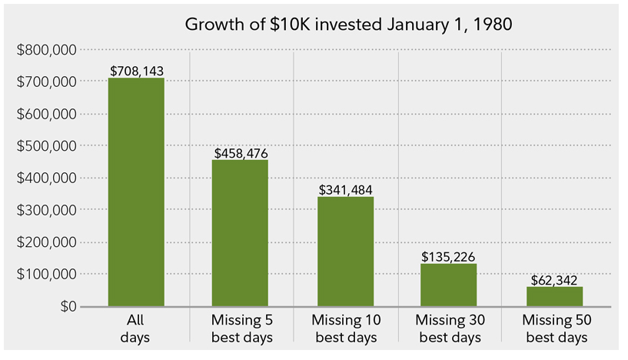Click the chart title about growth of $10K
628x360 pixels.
point(348,23)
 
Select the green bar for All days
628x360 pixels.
point(136,192)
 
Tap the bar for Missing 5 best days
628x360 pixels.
point(241,233)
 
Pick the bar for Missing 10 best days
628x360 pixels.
point(345,252)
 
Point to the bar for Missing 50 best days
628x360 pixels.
point(553,296)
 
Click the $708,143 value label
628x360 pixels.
point(137,72)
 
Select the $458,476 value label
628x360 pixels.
point(241,153)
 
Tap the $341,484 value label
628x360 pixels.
point(345,190)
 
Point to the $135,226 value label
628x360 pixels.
point(449,256)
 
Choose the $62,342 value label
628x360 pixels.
point(553,279)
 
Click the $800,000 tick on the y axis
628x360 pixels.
point(46,50)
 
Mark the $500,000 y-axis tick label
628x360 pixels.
point(46,146)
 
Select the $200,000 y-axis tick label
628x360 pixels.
point(46,242)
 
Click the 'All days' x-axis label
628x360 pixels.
point(136,328)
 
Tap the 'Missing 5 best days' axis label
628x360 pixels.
point(241,328)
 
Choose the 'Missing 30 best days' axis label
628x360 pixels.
point(449,328)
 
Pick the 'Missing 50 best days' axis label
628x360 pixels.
point(553,328)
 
